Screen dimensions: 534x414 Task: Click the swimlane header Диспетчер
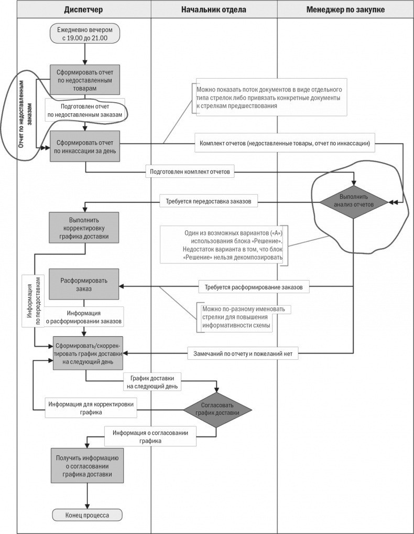83,9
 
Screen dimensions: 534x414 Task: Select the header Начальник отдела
214,9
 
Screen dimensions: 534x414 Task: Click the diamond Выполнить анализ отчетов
353,201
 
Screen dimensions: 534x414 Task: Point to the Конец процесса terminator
88,515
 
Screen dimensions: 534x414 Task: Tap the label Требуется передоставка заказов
208,201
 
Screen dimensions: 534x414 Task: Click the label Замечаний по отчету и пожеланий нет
244,354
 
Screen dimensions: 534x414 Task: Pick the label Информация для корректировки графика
91,408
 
